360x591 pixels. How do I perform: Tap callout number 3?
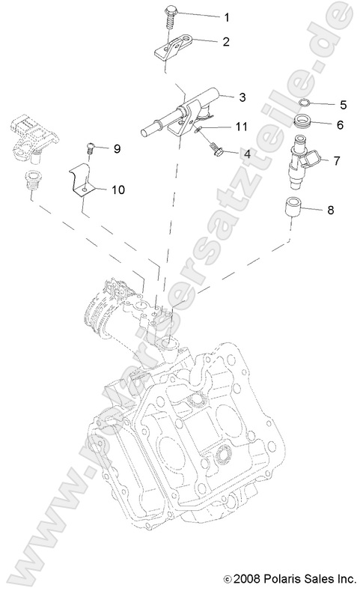click(x=242, y=97)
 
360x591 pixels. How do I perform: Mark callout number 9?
click(x=117, y=149)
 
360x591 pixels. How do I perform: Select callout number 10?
click(x=118, y=191)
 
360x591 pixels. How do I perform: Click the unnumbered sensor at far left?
click(x=29, y=136)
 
